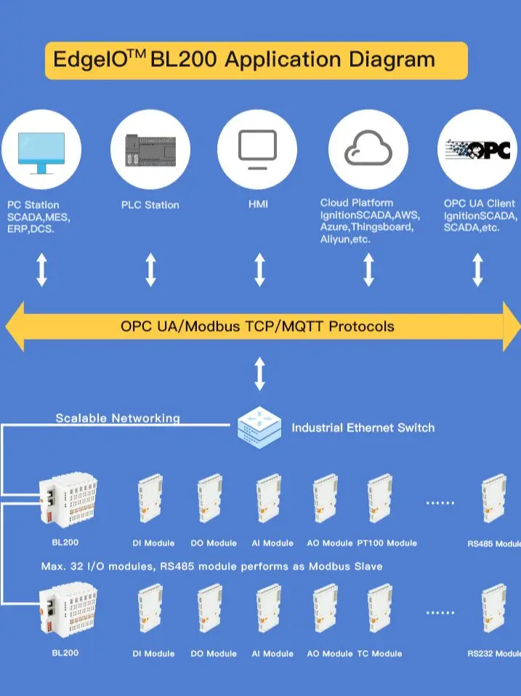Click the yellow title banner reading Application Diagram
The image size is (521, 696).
click(x=256, y=60)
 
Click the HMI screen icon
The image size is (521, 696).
click(x=258, y=148)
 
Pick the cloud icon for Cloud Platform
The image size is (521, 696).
click(x=368, y=148)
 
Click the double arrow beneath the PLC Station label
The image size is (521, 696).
click(x=150, y=269)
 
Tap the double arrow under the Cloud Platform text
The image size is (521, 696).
click(x=368, y=270)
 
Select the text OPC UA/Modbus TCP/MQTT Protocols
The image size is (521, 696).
click(x=257, y=326)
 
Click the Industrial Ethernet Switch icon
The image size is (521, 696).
click(x=259, y=428)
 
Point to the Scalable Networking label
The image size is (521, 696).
click(x=118, y=418)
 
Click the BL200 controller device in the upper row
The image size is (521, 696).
click(x=68, y=502)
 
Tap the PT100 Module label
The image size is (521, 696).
click(x=387, y=543)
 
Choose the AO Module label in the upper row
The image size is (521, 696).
click(x=329, y=543)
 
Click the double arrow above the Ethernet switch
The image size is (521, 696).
click(x=259, y=375)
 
